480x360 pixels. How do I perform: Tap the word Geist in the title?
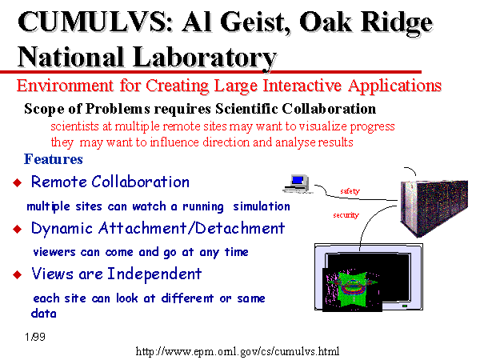(x=254, y=22)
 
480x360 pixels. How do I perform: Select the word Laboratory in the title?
(x=205, y=58)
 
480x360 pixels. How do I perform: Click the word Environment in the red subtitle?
(x=65, y=86)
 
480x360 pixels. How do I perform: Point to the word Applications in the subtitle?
(x=394, y=86)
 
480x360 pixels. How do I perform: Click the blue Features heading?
(x=54, y=159)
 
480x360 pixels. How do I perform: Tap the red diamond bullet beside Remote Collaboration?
(x=18, y=182)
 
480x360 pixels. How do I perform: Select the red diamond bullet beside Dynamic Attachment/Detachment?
(x=18, y=229)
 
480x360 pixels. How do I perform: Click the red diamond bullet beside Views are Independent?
(x=18, y=274)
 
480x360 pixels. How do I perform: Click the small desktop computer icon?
(x=297, y=184)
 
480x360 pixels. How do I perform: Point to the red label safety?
(x=350, y=191)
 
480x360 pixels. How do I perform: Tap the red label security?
(x=346, y=215)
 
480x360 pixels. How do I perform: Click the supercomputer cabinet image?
(x=434, y=208)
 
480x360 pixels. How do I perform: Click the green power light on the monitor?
(x=405, y=306)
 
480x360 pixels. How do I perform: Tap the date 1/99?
(x=35, y=337)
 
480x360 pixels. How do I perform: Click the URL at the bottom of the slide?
(x=238, y=351)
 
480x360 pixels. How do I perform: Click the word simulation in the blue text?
(x=262, y=206)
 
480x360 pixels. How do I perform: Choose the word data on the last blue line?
(x=44, y=314)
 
